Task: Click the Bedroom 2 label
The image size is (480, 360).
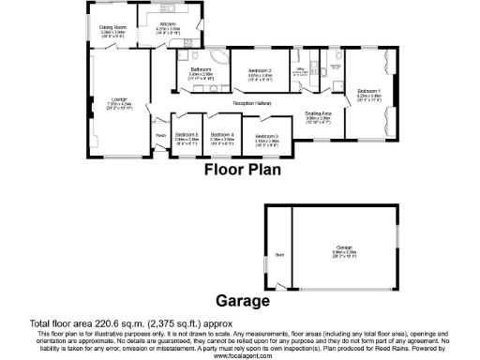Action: click(260, 70)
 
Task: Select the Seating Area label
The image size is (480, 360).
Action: click(317, 114)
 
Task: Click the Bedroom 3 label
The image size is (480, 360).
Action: click(267, 137)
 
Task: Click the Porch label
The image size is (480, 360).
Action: click(160, 134)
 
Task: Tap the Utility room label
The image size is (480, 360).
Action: click(301, 67)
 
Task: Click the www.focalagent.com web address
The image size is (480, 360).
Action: click(240, 355)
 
